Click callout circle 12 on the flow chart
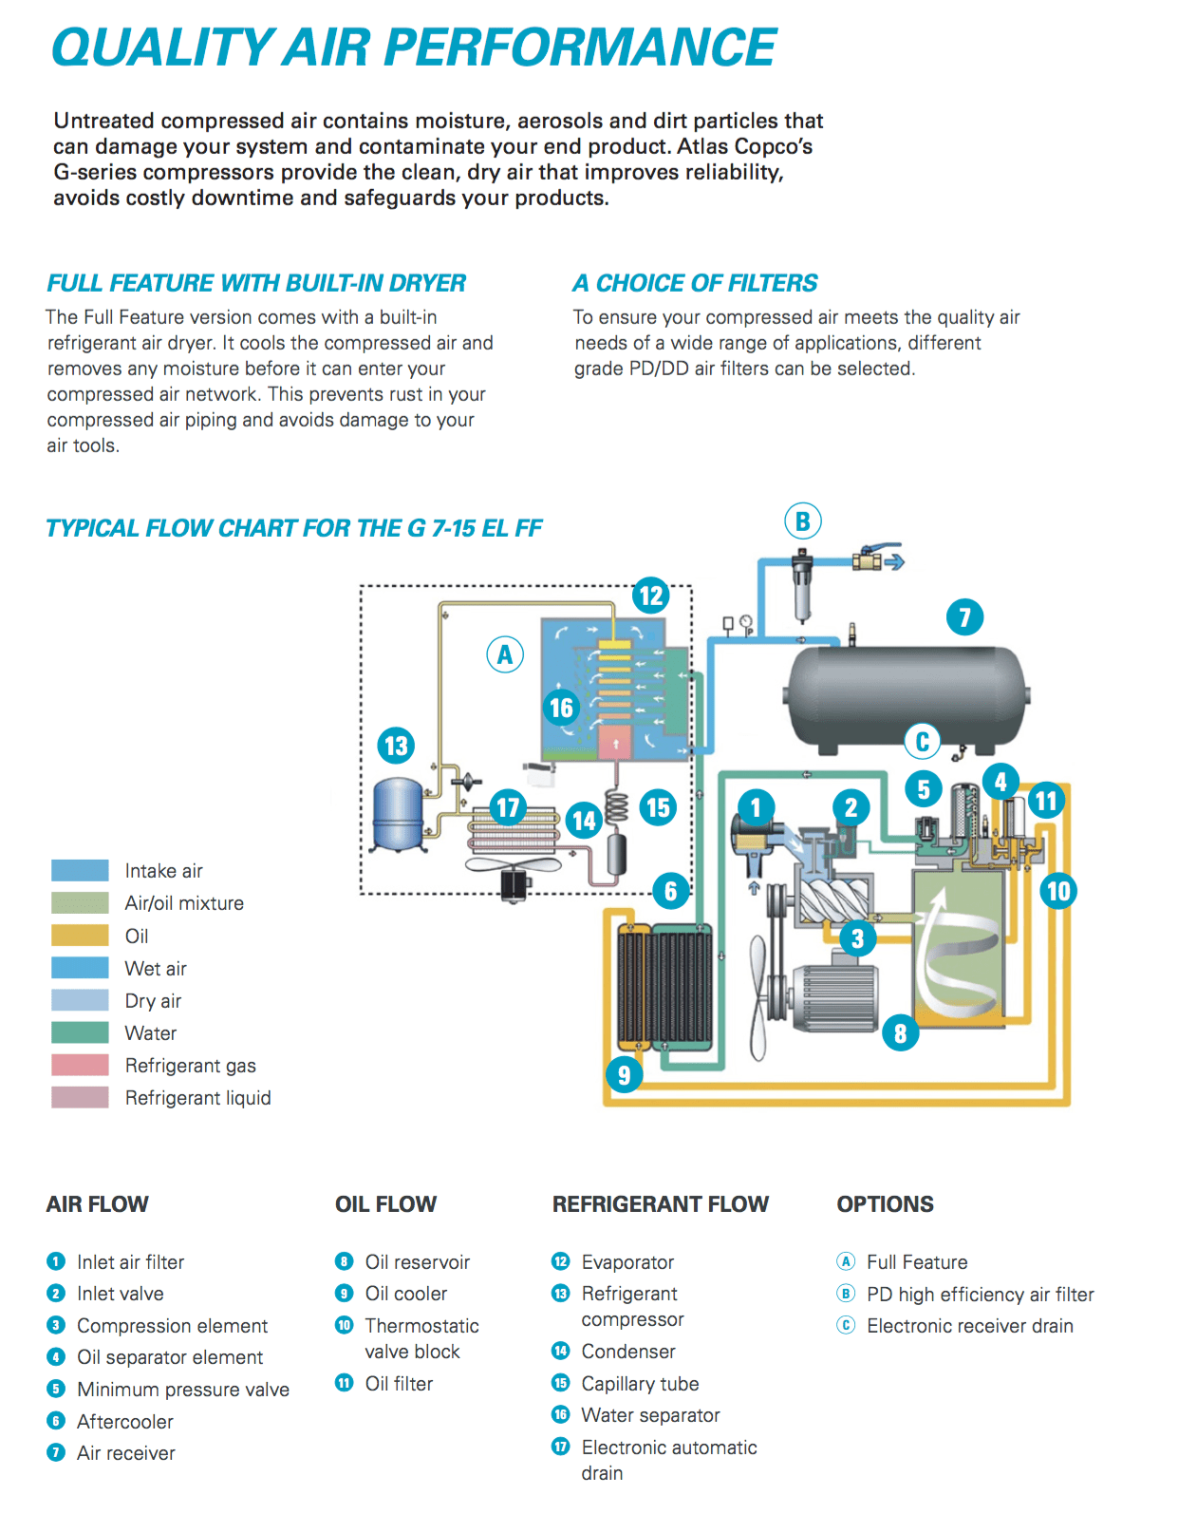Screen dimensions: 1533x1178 (651, 596)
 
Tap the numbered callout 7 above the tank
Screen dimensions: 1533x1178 (964, 617)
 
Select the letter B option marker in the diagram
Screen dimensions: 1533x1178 (803, 521)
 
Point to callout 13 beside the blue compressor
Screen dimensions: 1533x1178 (396, 746)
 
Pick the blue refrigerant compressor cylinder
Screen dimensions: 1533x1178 (398, 813)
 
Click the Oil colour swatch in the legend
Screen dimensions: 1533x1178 (80, 936)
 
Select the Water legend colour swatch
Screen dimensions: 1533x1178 (80, 1032)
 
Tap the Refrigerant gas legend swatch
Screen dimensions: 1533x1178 (80, 1065)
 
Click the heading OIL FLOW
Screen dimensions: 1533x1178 (385, 1204)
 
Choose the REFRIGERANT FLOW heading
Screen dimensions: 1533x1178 (660, 1204)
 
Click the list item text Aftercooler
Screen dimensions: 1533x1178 (125, 1422)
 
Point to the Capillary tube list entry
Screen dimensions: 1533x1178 (640, 1384)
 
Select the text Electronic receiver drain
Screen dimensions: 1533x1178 (969, 1326)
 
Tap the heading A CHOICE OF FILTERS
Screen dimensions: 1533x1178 (695, 283)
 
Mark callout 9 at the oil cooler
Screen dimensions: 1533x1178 (624, 1074)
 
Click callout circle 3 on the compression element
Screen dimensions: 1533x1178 (857, 938)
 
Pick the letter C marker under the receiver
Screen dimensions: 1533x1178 (922, 741)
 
